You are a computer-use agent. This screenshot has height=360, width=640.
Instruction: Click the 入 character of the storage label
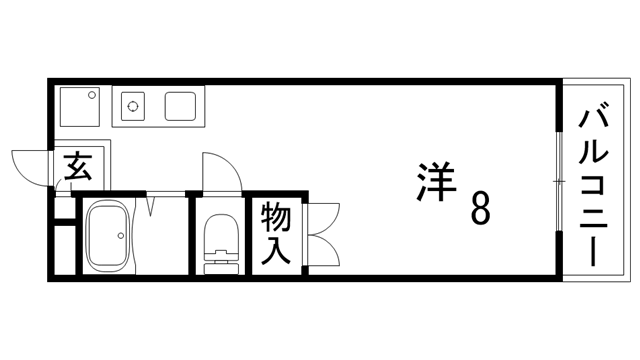pyautogui.click(x=277, y=249)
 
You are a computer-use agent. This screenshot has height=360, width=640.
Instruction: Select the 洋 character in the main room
pyautogui.click(x=434, y=182)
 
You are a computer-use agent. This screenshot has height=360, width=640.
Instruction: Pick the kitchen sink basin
pyautogui.click(x=181, y=105)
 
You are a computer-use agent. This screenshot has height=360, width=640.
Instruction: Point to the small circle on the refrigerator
pyautogui.click(x=95, y=96)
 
